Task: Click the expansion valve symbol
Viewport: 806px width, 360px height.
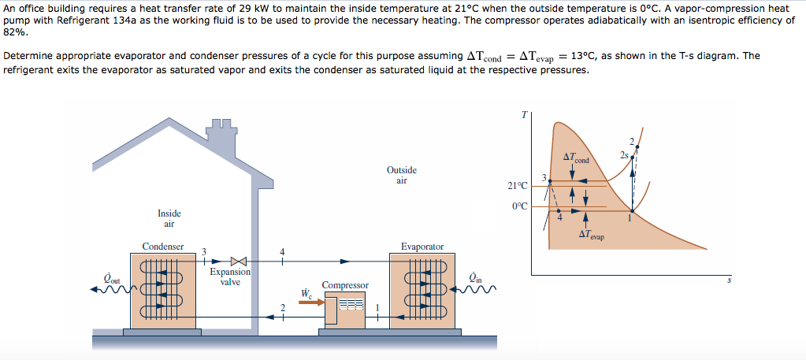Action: [239, 261]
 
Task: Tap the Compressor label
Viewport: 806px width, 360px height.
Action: [345, 284]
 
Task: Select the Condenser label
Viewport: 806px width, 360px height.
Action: [162, 247]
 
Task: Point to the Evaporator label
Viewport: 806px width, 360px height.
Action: [422, 247]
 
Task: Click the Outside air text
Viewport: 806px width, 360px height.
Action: [402, 175]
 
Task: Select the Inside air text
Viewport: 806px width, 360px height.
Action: [169, 218]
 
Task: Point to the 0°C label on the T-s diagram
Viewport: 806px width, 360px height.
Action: [520, 206]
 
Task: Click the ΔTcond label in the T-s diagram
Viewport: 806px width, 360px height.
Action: [576, 158]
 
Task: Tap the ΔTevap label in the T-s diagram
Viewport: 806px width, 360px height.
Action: [590, 234]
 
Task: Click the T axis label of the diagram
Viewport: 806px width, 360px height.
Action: [524, 115]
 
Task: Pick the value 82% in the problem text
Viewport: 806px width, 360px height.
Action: [16, 32]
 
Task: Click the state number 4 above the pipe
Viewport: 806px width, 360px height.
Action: [282, 251]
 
